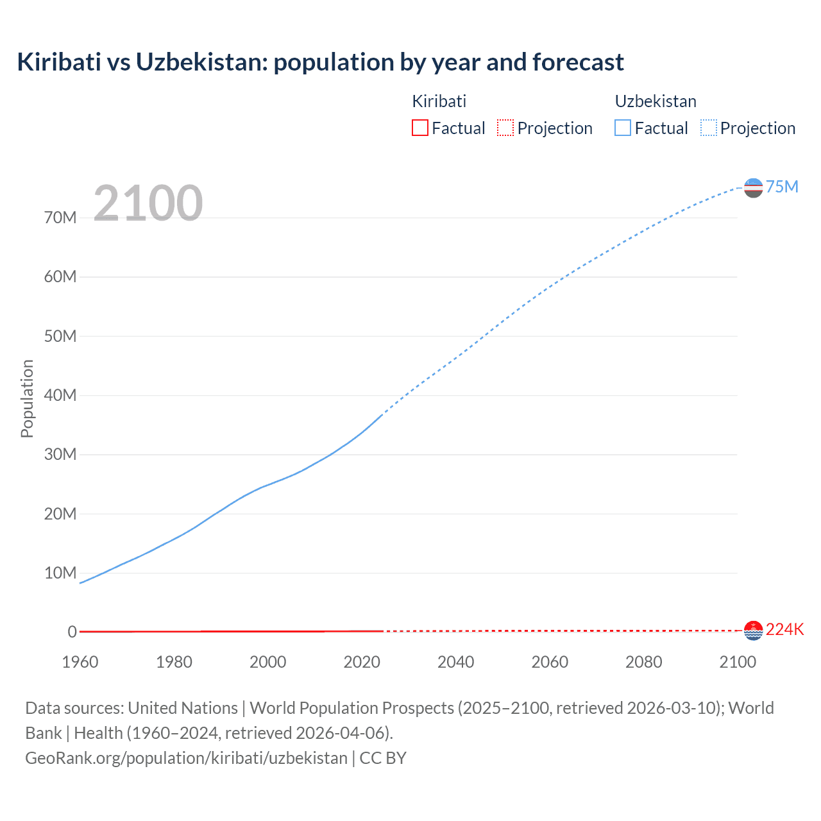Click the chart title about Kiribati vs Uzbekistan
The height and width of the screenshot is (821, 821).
(x=320, y=62)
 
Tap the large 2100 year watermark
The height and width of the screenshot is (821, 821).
(x=148, y=203)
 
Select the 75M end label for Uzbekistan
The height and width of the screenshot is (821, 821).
(x=782, y=187)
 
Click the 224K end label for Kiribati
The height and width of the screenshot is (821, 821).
(x=784, y=629)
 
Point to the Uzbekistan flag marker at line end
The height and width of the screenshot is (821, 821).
(x=753, y=188)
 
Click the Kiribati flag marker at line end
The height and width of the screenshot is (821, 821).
(x=753, y=631)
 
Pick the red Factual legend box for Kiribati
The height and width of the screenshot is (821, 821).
(x=420, y=128)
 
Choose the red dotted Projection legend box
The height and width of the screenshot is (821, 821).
(x=505, y=128)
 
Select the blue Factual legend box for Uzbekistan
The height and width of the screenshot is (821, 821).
(x=623, y=128)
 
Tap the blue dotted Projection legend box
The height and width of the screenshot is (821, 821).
(x=708, y=128)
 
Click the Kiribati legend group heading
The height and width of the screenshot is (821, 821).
(x=439, y=101)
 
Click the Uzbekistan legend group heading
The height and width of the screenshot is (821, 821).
(x=656, y=101)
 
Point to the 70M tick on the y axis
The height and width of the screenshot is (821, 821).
(x=60, y=218)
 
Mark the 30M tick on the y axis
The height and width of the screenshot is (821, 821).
(x=60, y=455)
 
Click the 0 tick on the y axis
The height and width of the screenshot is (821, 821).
(x=72, y=632)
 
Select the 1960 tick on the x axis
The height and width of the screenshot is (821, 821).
(x=80, y=662)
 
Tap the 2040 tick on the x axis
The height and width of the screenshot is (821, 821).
(x=456, y=662)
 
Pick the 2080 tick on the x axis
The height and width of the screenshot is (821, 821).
(x=644, y=662)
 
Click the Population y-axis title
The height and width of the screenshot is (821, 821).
(x=27, y=398)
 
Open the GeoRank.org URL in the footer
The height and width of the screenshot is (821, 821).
(x=186, y=758)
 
